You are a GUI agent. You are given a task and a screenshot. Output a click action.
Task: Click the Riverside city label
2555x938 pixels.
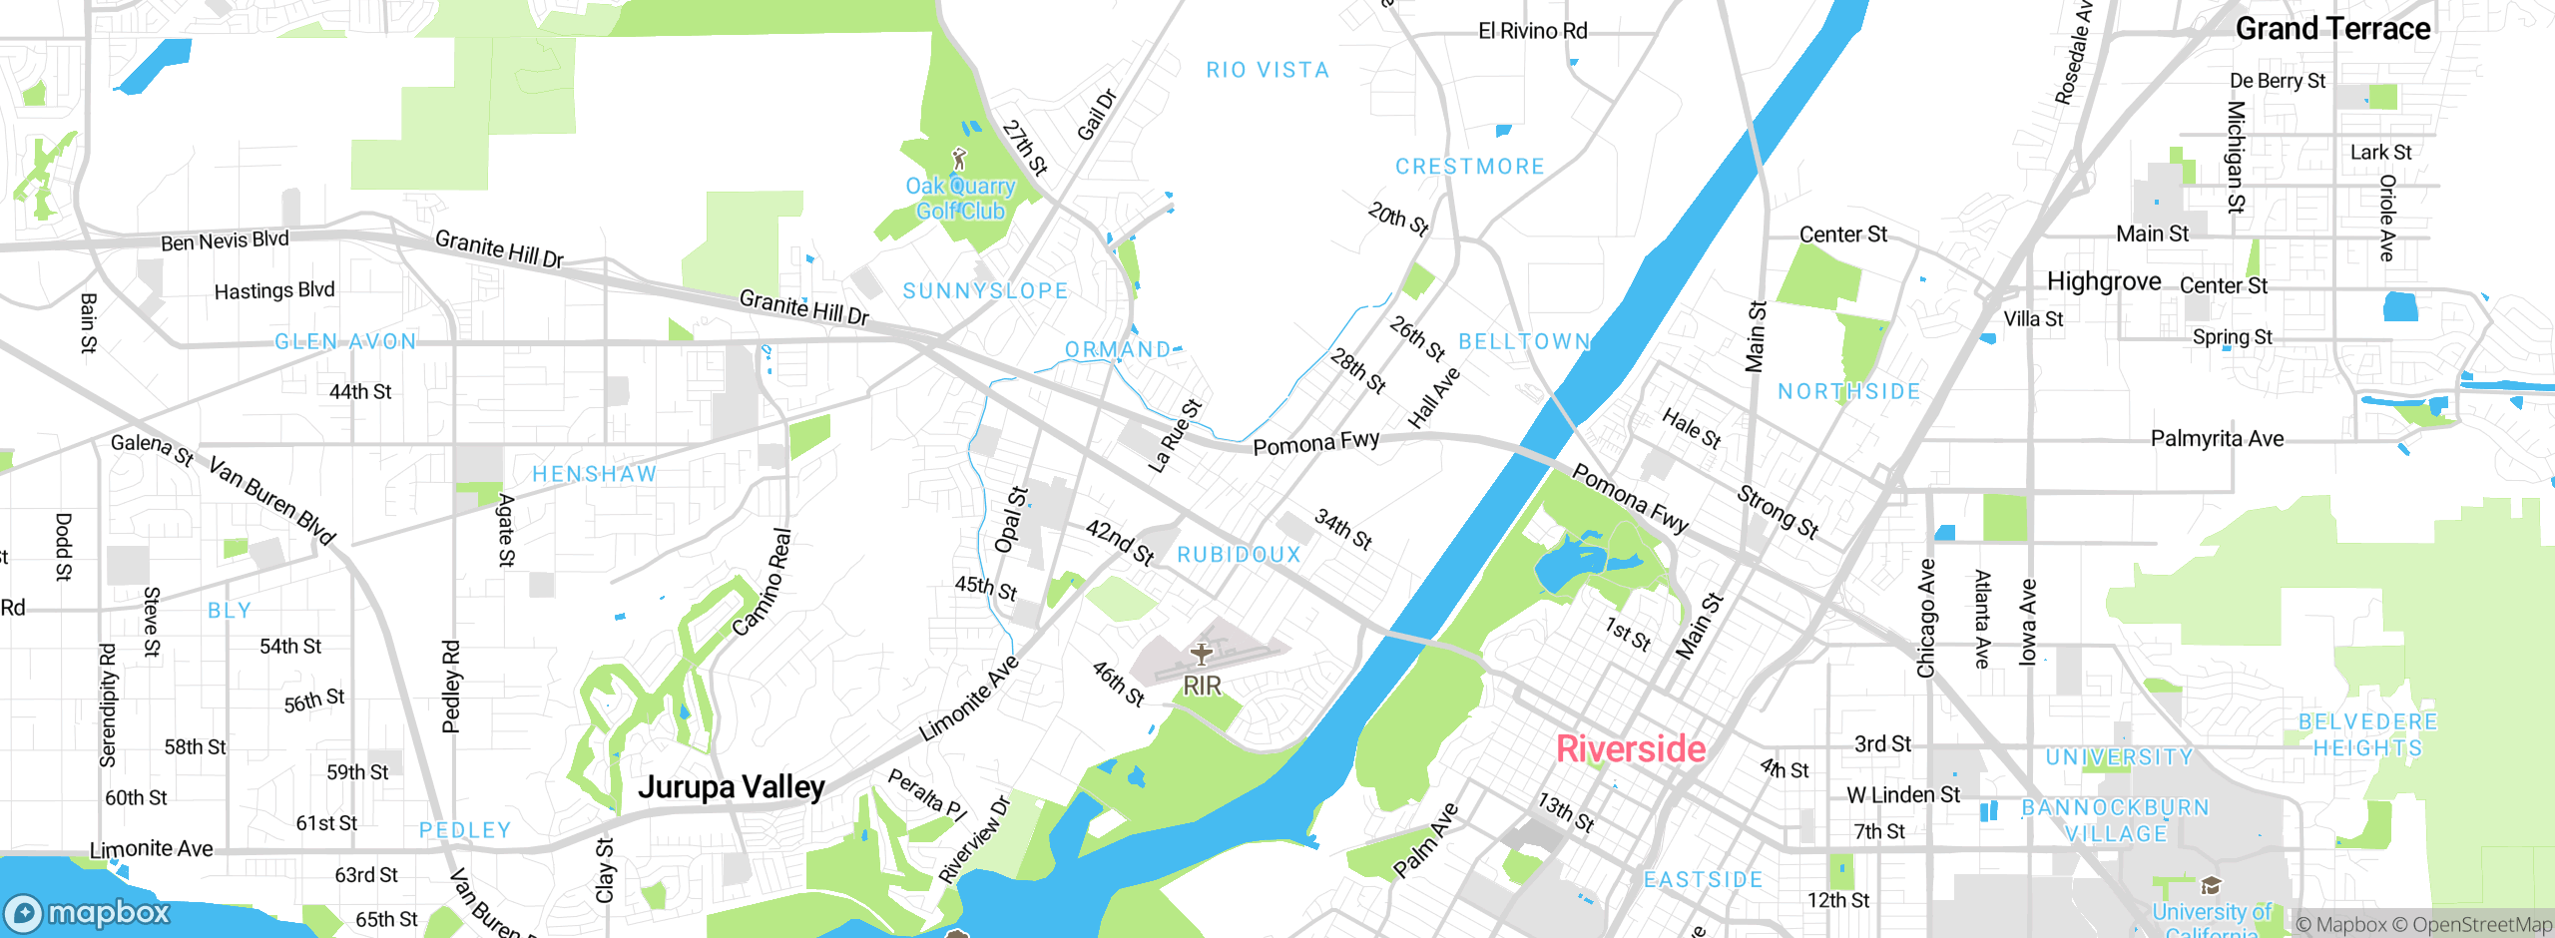click(x=1631, y=748)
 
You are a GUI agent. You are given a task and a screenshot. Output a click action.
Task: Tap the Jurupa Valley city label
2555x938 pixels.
click(x=732, y=787)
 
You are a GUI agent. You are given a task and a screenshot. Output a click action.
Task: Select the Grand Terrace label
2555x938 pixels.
click(x=2332, y=29)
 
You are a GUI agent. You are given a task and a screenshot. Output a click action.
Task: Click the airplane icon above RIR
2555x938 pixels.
click(x=1202, y=655)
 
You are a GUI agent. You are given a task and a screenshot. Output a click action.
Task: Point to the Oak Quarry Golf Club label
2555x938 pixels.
click(x=960, y=199)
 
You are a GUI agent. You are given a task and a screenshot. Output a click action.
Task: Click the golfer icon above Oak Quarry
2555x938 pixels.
click(x=960, y=159)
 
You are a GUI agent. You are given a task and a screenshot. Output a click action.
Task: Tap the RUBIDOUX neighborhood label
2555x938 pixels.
click(x=1239, y=555)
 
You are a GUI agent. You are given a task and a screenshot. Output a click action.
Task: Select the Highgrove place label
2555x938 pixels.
click(x=2104, y=281)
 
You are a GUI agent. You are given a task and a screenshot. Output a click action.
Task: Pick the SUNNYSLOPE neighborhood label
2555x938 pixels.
click(x=985, y=291)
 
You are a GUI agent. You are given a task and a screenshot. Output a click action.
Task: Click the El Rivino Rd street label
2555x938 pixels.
click(x=1532, y=31)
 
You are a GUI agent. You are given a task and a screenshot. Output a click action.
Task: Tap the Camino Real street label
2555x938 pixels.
click(x=763, y=582)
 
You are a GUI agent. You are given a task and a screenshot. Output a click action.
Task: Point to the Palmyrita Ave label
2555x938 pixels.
click(x=2217, y=439)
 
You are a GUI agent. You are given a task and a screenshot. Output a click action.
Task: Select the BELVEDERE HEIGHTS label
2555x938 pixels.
click(x=2367, y=734)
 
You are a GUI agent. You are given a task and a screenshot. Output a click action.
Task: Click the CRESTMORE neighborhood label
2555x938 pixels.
click(x=1469, y=167)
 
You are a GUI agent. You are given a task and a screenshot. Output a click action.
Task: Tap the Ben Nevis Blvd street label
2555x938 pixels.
click(x=225, y=241)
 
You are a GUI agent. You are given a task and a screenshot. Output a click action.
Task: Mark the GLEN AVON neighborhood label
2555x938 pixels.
click(x=345, y=342)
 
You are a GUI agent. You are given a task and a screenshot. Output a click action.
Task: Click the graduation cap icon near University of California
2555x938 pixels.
click(x=2211, y=886)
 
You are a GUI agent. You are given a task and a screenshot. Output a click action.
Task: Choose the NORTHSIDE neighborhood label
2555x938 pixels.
click(x=1848, y=392)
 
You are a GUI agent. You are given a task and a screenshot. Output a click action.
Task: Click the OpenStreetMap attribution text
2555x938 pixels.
click(x=2481, y=925)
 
